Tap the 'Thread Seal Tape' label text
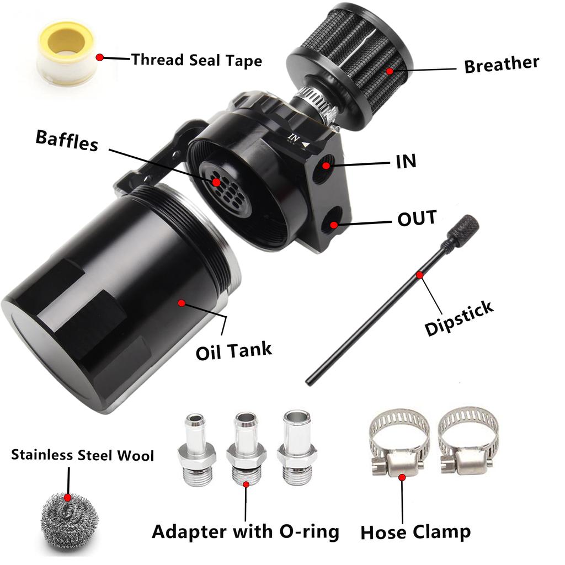(x=196, y=60)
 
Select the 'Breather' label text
(x=501, y=64)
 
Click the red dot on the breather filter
(x=390, y=71)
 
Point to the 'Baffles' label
(x=67, y=140)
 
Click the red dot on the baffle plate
(x=216, y=182)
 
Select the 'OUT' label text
(x=417, y=218)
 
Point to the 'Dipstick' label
(x=459, y=318)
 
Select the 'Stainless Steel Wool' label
(x=83, y=455)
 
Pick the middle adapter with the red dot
(x=246, y=451)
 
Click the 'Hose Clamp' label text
(x=415, y=532)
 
